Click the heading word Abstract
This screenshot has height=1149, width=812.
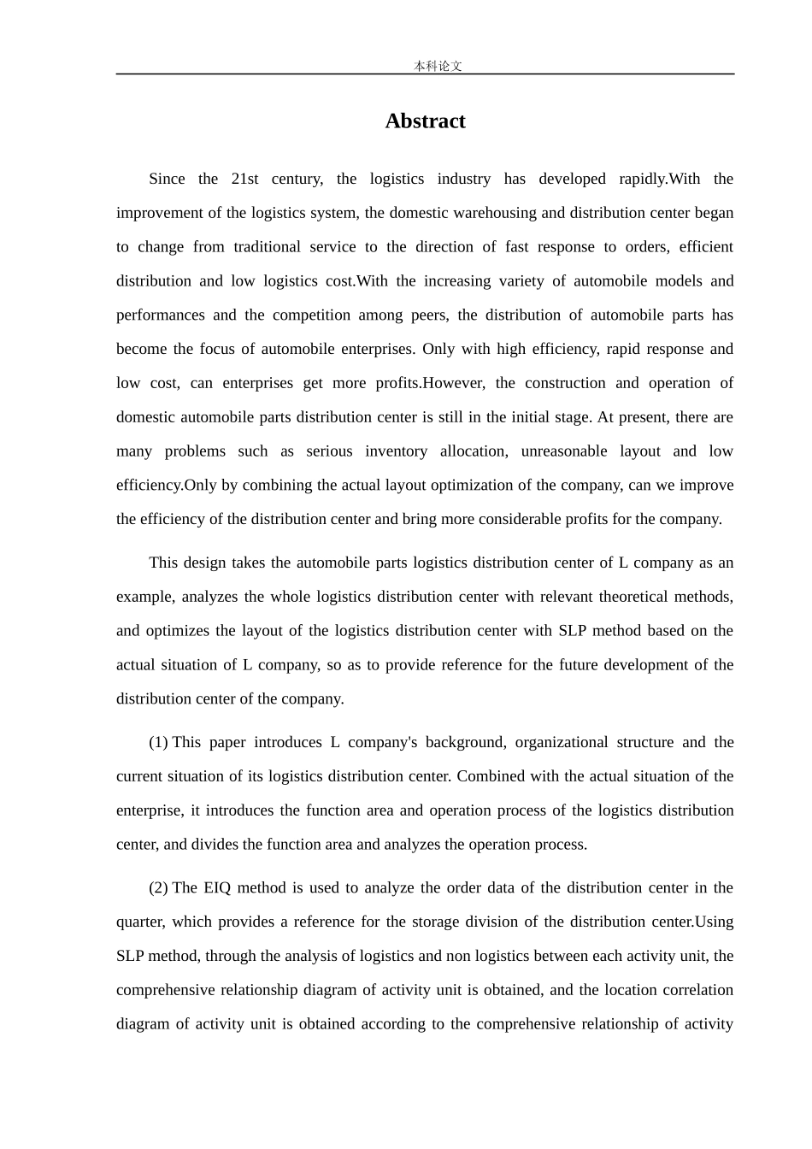click(x=425, y=121)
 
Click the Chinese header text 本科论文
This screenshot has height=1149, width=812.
click(x=438, y=66)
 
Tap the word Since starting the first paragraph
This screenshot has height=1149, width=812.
click(x=167, y=179)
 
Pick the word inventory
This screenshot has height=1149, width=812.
click(x=396, y=451)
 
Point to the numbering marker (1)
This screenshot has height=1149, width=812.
click(x=158, y=742)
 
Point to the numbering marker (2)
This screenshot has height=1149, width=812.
click(x=158, y=887)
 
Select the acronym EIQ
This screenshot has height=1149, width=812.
click(x=217, y=887)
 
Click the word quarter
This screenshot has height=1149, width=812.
click(x=140, y=922)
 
